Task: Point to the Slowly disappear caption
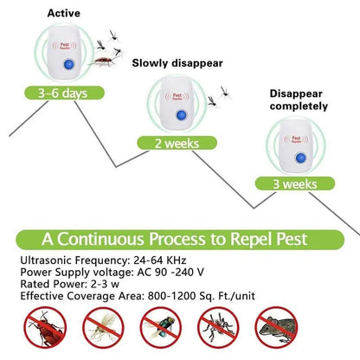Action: point(178,63)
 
